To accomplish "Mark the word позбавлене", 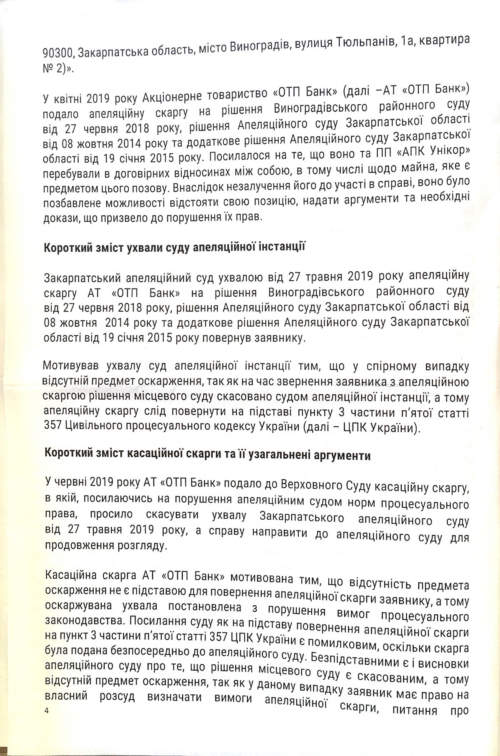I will coord(71,203).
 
